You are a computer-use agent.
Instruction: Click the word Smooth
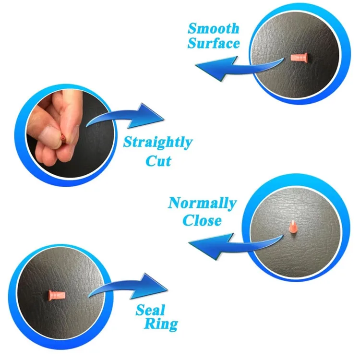[x=214, y=29]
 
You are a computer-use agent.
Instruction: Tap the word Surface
[x=214, y=44]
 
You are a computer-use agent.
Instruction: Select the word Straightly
[x=157, y=143]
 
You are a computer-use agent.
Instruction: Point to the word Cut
[x=158, y=160]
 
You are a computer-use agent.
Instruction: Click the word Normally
[x=202, y=203]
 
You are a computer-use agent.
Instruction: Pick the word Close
[x=203, y=220]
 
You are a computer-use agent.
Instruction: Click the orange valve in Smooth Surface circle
[x=301, y=58]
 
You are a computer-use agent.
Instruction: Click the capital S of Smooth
[x=192, y=29]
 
